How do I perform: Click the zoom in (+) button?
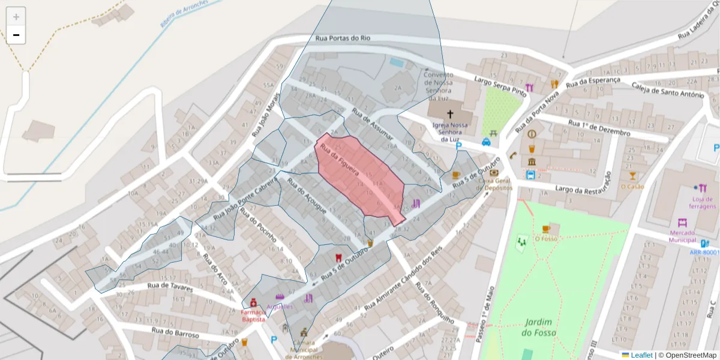[16, 17]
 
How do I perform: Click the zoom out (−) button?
[16, 35]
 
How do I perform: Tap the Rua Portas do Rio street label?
[343, 38]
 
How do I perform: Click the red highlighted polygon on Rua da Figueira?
[360, 180]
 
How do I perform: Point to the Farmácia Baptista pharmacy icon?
[254, 303]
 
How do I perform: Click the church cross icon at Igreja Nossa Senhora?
[449, 113]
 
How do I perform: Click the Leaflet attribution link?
[641, 355]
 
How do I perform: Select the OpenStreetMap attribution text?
[687, 355]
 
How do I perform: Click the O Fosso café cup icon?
[545, 229]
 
